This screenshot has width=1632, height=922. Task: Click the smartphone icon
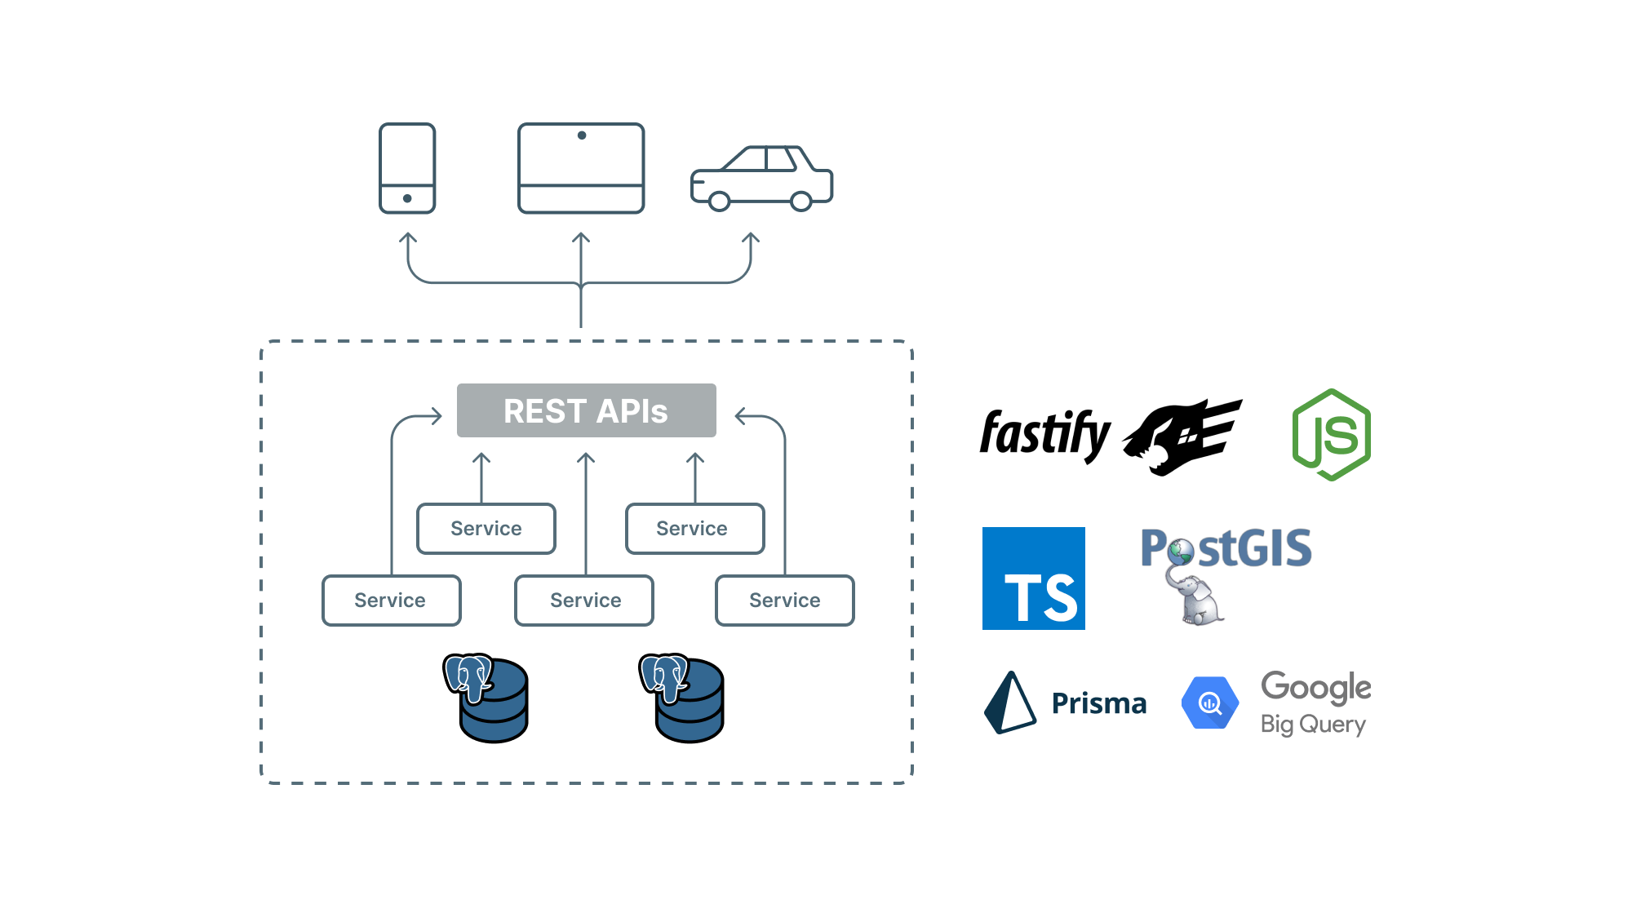tap(407, 168)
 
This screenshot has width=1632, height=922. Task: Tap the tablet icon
tap(581, 168)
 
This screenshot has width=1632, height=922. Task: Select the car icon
tap(761, 179)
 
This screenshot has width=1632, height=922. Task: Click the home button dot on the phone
tap(407, 198)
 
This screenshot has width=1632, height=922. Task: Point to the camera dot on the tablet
tap(582, 135)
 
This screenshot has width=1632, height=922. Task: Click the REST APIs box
tap(586, 410)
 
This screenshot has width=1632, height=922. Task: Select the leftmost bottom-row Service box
tap(392, 601)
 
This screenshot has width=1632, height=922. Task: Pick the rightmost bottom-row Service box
tap(784, 601)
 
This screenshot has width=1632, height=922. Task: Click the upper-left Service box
tap(486, 529)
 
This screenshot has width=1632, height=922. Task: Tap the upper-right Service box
tap(694, 529)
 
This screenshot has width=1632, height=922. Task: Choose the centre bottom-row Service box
tap(584, 601)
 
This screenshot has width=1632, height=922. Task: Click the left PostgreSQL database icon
tap(487, 698)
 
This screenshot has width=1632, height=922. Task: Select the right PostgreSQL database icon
tap(683, 698)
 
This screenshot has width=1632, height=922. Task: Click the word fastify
tap(1044, 433)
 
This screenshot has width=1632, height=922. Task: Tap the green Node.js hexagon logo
tap(1332, 435)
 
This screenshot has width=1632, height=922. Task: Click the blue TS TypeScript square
tap(1033, 578)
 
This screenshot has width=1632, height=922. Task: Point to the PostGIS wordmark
tap(1226, 548)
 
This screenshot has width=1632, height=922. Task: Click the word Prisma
tap(1098, 703)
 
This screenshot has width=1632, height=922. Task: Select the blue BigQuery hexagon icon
tap(1210, 703)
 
